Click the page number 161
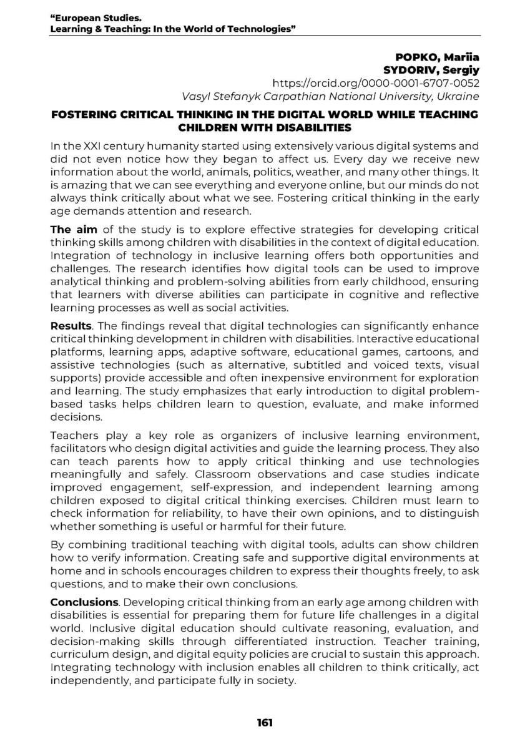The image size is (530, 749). [x=265, y=723]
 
